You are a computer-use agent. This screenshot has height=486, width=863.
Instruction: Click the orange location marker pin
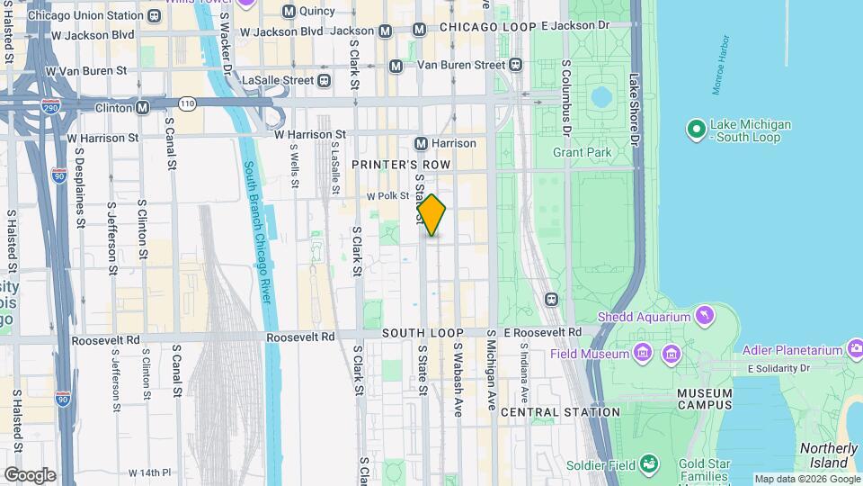[431, 215]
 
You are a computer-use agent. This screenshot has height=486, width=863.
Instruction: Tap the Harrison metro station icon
[421, 143]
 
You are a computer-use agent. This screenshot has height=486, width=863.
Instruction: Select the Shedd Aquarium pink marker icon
[706, 316]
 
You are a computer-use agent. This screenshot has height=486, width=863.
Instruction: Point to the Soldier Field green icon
[647, 464]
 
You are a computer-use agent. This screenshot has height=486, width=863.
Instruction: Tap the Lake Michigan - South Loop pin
[696, 130]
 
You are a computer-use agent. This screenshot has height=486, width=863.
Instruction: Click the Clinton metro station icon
[142, 108]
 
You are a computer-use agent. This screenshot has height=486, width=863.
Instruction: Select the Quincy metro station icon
[289, 11]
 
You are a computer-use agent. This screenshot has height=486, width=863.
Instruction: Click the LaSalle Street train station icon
[325, 80]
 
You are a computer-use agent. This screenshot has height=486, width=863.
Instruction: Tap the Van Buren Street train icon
[515, 65]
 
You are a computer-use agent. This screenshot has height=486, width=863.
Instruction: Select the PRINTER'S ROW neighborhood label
[394, 165]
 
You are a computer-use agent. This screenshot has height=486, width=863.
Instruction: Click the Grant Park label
[582, 152]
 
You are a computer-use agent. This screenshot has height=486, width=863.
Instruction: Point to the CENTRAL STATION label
[560, 411]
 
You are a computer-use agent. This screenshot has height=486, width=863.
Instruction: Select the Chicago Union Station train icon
[155, 15]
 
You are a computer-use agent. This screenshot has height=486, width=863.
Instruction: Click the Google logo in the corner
[29, 475]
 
